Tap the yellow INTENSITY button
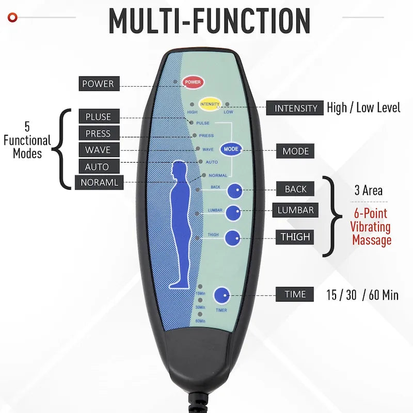pos(210,104)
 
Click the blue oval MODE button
pos(231,149)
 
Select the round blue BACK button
pos(235,190)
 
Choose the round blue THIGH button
pos(233,238)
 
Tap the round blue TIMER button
pos(221,295)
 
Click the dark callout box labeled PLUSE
pos(99,117)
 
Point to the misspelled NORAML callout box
pos(99,182)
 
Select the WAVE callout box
pos(99,150)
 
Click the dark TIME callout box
pos(295,294)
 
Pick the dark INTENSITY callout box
pos(295,108)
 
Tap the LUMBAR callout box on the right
pos(295,210)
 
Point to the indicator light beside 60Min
pos(200,314)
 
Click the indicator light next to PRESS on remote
pos(195,135)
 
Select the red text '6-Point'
pos(370,213)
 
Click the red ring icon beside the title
pos(12,18)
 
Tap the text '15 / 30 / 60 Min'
pos(362,295)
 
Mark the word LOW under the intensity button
pos(228,112)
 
